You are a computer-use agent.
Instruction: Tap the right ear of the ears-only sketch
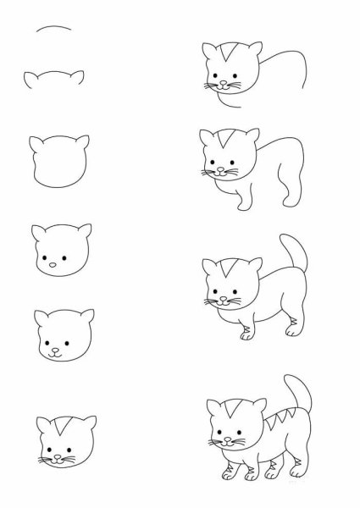pyautogui.click(x=80, y=77)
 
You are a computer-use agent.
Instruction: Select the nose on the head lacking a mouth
pyautogui.click(x=55, y=265)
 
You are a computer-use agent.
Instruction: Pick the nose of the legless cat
pyautogui.click(x=220, y=86)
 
